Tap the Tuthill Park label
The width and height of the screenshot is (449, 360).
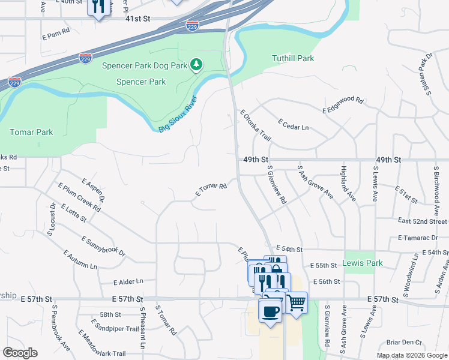point(293,59)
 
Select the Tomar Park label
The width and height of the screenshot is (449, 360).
point(31,132)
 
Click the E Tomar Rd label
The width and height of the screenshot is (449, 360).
point(211,190)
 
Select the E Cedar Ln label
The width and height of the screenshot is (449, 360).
point(294,125)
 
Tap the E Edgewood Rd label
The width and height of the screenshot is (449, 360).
point(343,105)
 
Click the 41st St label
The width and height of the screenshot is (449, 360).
point(137,19)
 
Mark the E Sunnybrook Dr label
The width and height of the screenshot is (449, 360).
point(104,247)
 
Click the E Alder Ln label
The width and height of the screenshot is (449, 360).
point(128,281)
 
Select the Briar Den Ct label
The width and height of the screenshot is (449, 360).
point(405,343)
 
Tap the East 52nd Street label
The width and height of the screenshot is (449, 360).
point(423,221)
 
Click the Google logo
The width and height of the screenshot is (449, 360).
point(20,353)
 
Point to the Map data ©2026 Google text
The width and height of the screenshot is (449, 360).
point(412,355)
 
